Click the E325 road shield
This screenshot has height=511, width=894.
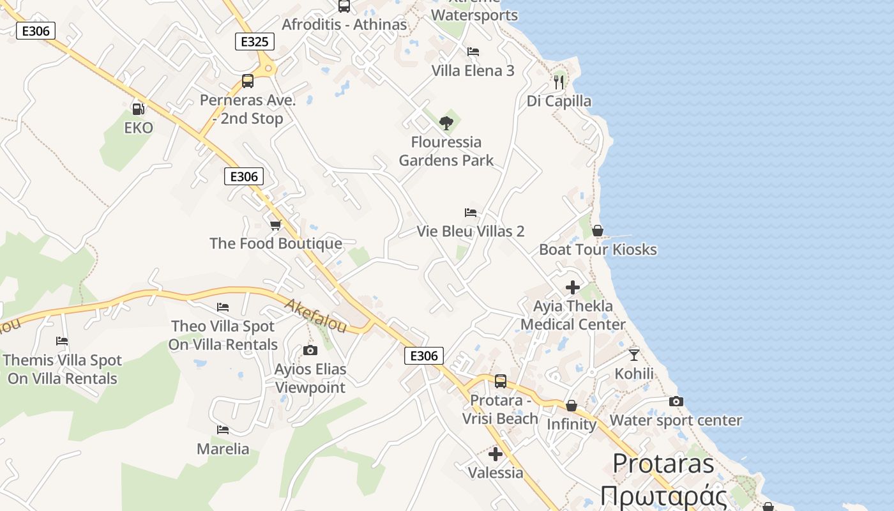click(255, 42)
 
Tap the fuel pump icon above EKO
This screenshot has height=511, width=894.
click(138, 109)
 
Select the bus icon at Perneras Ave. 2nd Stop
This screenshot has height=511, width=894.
click(248, 81)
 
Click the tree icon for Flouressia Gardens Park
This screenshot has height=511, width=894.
click(446, 123)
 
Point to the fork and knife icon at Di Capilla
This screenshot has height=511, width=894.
click(559, 82)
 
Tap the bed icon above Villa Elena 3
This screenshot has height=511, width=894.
click(473, 51)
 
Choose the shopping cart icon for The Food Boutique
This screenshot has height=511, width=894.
click(276, 225)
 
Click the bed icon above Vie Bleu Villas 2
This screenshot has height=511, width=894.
click(471, 212)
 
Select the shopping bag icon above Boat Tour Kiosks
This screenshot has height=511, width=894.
click(598, 231)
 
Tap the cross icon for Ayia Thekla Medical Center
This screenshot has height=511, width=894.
click(573, 287)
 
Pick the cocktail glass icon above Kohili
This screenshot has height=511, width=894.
click(633, 355)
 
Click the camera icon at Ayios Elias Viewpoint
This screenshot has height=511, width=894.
click(310, 350)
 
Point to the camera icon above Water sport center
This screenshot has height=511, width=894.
click(676, 401)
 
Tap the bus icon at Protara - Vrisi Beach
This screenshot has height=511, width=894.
click(501, 381)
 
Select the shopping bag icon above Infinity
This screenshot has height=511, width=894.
click(572, 406)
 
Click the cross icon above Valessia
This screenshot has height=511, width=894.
click(496, 454)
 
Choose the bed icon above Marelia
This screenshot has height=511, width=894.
click(223, 430)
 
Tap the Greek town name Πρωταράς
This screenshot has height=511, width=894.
click(664, 496)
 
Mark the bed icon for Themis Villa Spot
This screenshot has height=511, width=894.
click(62, 341)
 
